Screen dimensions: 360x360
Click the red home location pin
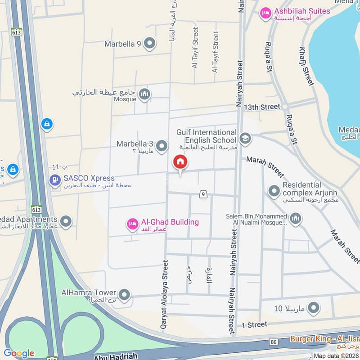tap(180, 162)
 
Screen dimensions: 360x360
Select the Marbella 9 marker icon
tap(150, 44)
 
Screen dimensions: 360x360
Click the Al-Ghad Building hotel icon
tap(132, 224)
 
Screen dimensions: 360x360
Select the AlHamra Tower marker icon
tap(125, 295)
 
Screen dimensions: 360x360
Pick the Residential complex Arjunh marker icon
tap(274, 191)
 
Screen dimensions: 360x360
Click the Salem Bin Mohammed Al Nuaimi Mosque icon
tap(295, 219)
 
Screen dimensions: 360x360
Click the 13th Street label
tap(262, 107)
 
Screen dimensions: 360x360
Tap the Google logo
tap(18, 353)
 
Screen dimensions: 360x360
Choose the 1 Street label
tap(254, 324)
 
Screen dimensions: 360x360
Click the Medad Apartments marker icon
tap(66, 221)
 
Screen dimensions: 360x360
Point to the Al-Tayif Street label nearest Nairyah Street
tap(216, 52)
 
